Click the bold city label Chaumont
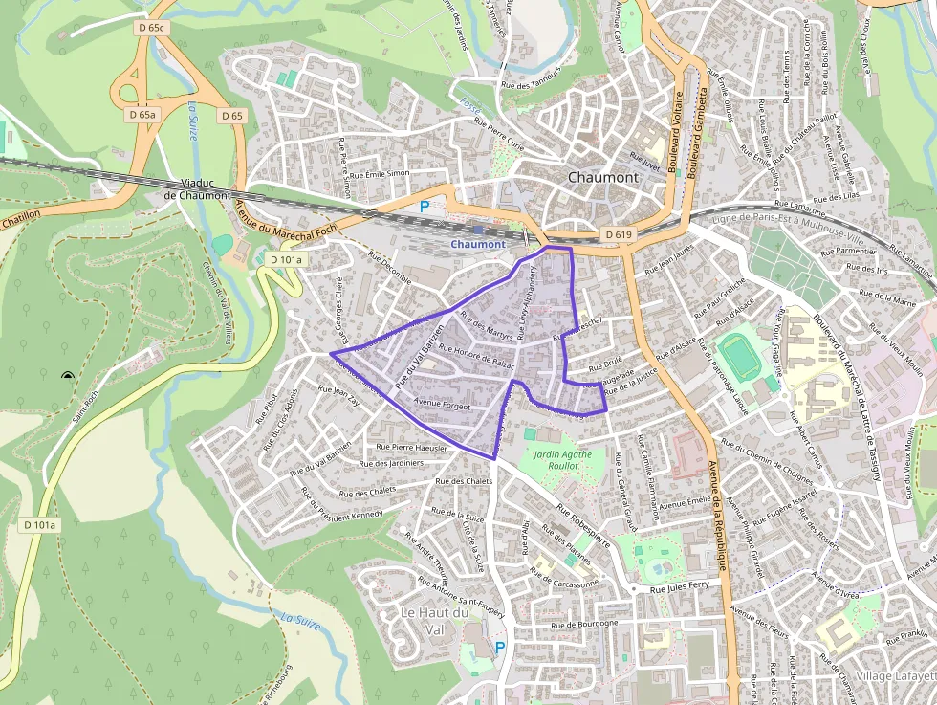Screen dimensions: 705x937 pos(602,177)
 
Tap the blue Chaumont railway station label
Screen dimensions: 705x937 pos(477,244)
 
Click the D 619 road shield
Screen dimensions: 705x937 pos(619,234)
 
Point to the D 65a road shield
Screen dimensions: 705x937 pos(142,115)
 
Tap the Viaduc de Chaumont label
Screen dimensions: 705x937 pos(197,188)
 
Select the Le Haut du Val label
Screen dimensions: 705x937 pos(435,621)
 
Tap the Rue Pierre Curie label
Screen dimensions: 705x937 pos(500,137)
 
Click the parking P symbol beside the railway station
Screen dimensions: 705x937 pos(425,206)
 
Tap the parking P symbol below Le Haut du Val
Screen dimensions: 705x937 pos(499,648)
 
